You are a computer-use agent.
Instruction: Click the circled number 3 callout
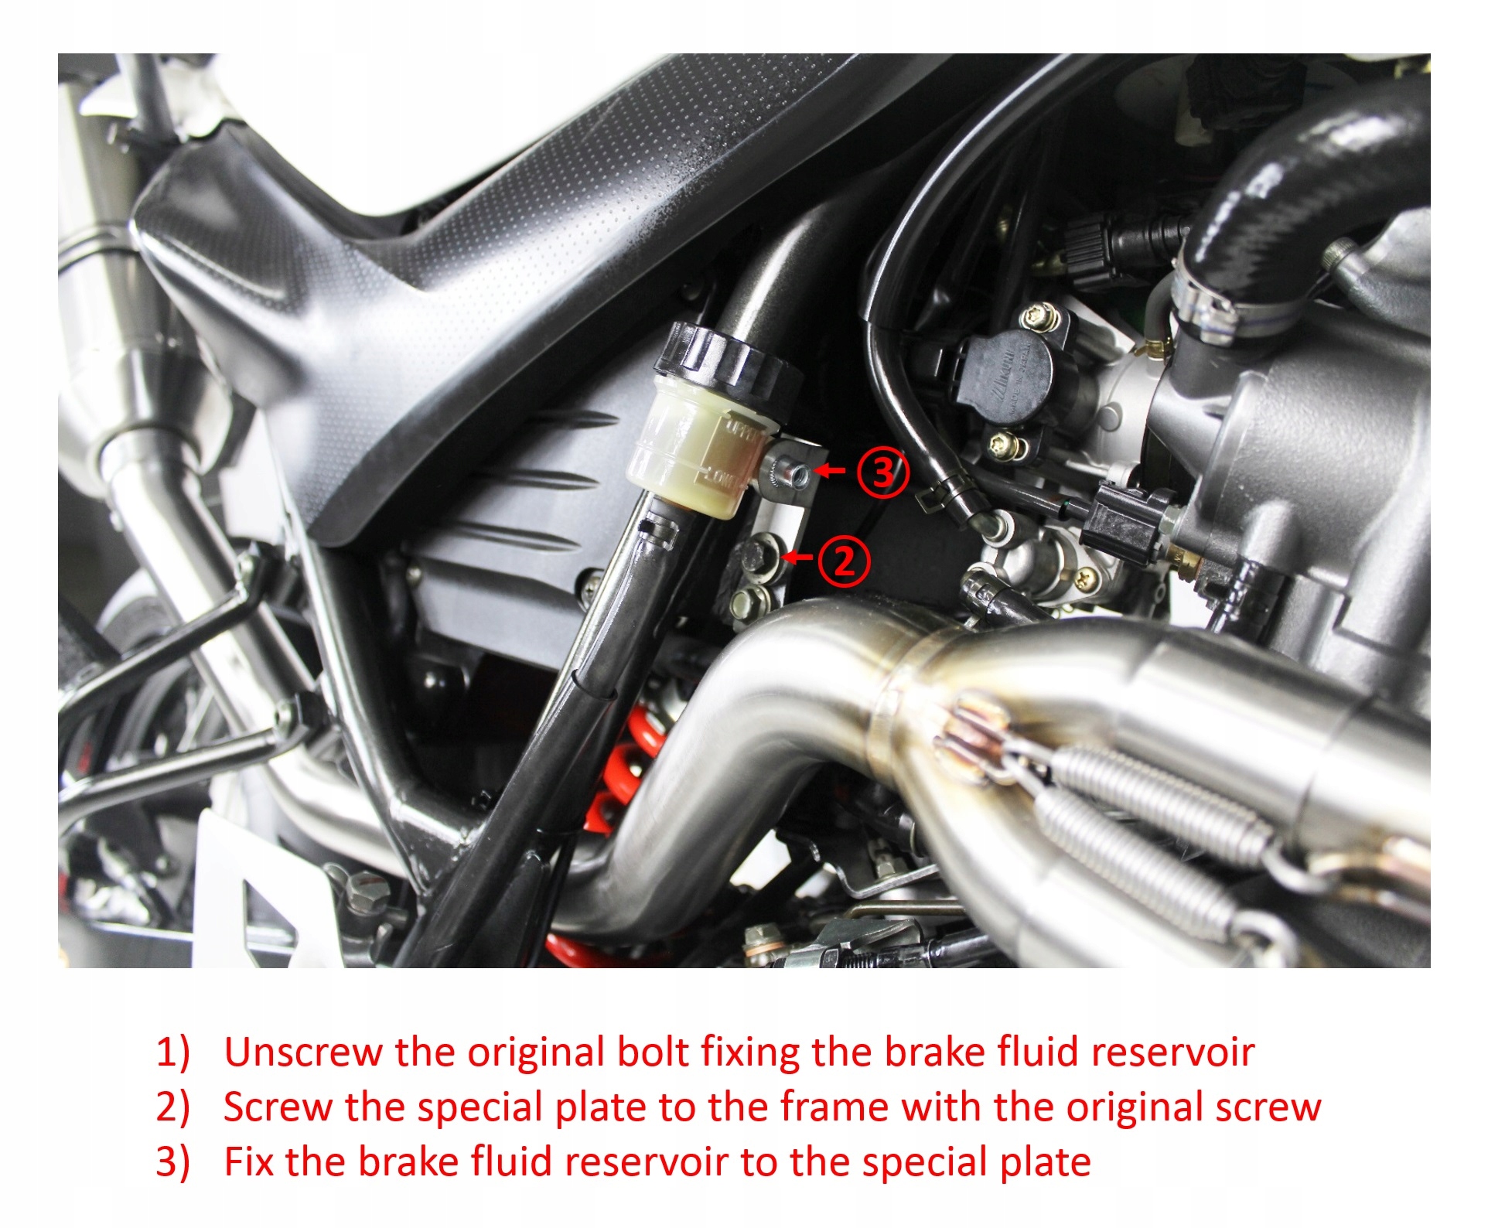click(882, 471)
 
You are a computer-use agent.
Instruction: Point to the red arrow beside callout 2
click(797, 557)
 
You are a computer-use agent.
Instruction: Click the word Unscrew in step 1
click(303, 1052)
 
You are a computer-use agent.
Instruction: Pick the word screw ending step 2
click(1268, 1108)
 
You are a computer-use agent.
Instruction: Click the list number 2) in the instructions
click(172, 1107)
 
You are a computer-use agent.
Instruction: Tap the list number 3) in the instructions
click(172, 1162)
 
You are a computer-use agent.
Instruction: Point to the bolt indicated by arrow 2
click(759, 555)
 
